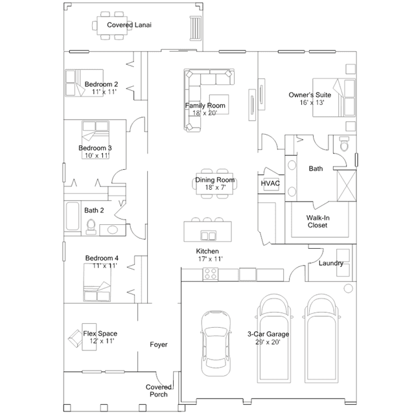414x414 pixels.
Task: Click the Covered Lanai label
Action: [x=129, y=25]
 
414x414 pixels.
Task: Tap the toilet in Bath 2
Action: [x=91, y=227]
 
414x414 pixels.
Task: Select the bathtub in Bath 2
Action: [x=73, y=216]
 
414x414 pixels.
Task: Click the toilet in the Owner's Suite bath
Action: [x=344, y=144]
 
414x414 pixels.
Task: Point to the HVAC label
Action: [x=270, y=183]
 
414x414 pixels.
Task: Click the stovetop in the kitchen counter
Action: [x=211, y=274]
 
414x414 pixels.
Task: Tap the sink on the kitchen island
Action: [x=209, y=235]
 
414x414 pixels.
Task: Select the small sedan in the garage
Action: [x=216, y=343]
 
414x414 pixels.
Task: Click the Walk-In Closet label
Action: [x=317, y=222]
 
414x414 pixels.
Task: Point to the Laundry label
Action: [x=331, y=263]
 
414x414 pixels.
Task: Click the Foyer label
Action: [x=159, y=344]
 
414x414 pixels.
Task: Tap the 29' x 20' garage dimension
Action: [x=268, y=342]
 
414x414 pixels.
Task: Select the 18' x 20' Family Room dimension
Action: [x=205, y=113]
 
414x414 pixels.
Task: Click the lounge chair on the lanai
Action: [x=196, y=29]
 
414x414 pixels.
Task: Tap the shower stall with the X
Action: [x=347, y=186]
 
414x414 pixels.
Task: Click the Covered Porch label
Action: [x=159, y=391]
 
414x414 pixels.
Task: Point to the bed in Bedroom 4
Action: [x=97, y=282]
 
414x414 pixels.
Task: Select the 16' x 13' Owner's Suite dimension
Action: [x=312, y=102]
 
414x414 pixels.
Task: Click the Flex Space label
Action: [x=100, y=334]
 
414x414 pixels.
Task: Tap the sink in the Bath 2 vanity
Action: [x=113, y=229]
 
